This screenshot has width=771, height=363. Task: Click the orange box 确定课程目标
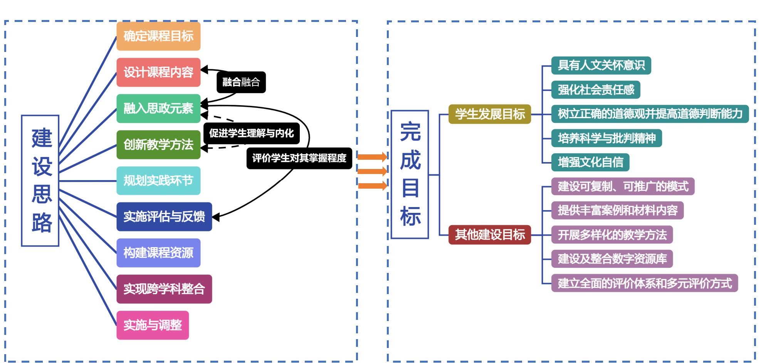[x=158, y=36]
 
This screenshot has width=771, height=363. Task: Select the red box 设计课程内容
[x=158, y=72]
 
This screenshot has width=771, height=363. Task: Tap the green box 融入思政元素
[x=158, y=109]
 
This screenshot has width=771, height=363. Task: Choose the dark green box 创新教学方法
[x=158, y=145]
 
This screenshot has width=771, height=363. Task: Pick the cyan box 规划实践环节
[x=158, y=181]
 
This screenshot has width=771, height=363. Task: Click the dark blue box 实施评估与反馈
[x=164, y=217]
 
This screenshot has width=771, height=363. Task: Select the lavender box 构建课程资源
[x=158, y=253]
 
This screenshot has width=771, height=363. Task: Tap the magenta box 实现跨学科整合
[x=164, y=289]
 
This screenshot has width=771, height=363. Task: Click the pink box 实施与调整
[x=153, y=325]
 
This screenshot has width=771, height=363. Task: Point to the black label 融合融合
[x=241, y=82]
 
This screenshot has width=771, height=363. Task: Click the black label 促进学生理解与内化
[x=251, y=133]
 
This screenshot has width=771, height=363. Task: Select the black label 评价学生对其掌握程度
[x=299, y=158]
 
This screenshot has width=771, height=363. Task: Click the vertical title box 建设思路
[x=40, y=181]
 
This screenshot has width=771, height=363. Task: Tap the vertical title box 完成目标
[x=410, y=174]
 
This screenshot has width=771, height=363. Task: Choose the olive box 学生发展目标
[x=490, y=114]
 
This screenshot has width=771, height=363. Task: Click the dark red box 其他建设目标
[x=490, y=234]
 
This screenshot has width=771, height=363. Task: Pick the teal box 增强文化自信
[x=590, y=162]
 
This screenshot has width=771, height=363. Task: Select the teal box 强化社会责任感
[x=596, y=90]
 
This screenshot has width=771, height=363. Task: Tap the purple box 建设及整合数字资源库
[x=612, y=259]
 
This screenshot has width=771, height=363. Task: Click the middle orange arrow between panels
[x=372, y=171]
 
